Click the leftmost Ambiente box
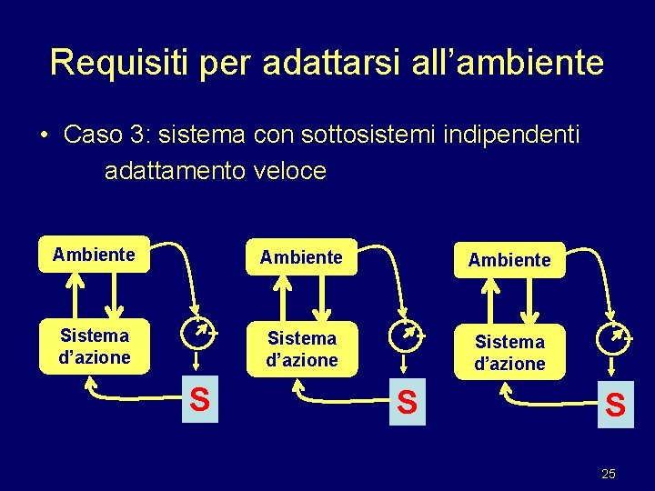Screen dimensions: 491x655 tap(94, 255)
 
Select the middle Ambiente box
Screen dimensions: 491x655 tap(301, 257)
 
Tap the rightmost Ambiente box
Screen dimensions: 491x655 tap(509, 260)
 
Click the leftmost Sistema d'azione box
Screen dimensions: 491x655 tap(94, 346)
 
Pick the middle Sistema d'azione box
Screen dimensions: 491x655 tap(301, 349)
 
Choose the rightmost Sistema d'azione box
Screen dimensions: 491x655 tap(509, 353)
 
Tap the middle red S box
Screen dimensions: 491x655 tap(408, 403)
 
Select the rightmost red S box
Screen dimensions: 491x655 tap(616, 404)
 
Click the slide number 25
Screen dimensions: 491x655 tap(609, 474)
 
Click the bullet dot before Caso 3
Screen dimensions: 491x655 tap(45, 135)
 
